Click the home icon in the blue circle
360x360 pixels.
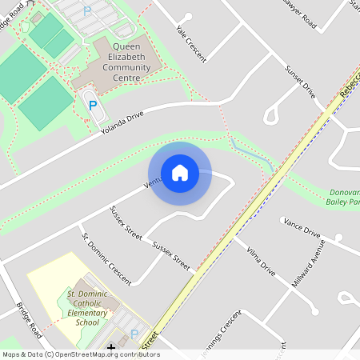[180, 173]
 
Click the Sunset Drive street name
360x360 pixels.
[300, 82]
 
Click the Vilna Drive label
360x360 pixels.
[261, 262]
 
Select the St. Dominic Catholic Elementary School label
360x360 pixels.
[82, 308]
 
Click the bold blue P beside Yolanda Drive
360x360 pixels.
[93, 105]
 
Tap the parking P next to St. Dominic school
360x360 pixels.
[134, 334]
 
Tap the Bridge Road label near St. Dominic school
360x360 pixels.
[29, 318]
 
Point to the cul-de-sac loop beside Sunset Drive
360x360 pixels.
[271, 115]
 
